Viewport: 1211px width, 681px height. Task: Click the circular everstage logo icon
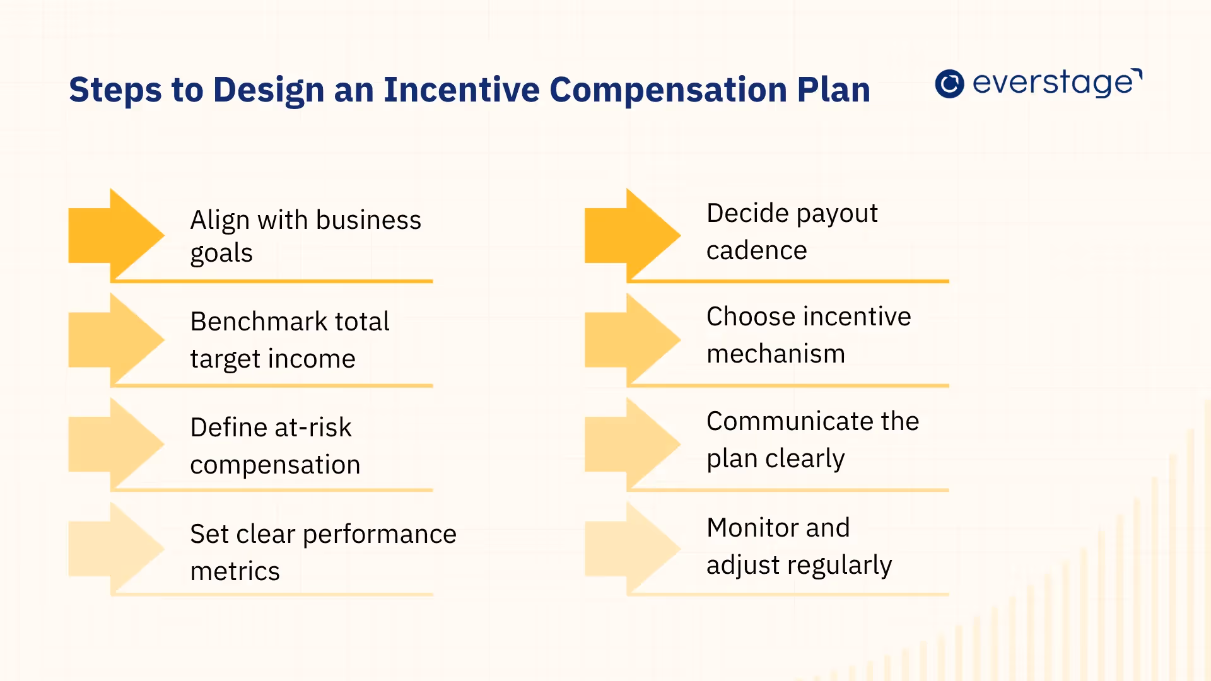pyautogui.click(x=949, y=84)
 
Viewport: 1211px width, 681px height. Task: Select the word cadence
pyautogui.click(x=756, y=251)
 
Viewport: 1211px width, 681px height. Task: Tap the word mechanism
pyautogui.click(x=775, y=354)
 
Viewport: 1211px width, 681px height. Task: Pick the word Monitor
pyautogui.click(x=747, y=528)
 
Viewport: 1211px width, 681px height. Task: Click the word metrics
pyautogui.click(x=235, y=571)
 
